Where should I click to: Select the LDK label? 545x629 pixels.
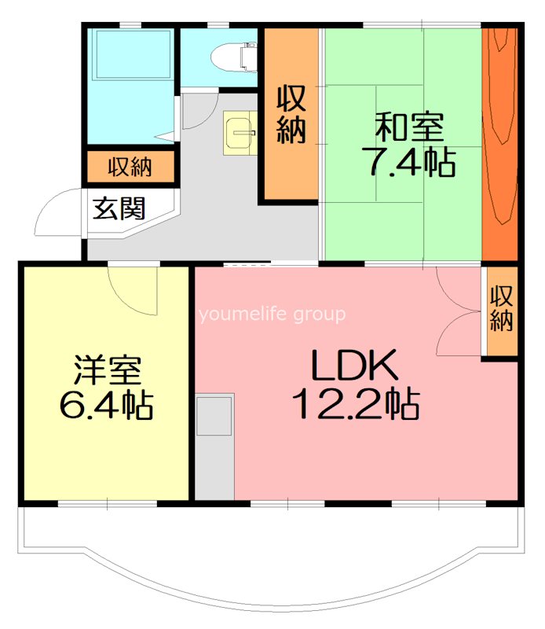pos(356,365)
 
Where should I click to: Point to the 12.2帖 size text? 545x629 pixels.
pos(356,404)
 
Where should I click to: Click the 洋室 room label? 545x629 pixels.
pos(106,368)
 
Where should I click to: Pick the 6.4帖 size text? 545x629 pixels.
pos(106,405)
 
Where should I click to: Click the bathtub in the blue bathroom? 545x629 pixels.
pos(130,54)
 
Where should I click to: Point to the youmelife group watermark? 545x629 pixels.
pos(272,315)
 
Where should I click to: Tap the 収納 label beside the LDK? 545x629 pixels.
pos(500,308)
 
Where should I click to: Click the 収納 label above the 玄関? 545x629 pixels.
pos(130,167)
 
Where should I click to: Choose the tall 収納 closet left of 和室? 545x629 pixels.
pos(291,114)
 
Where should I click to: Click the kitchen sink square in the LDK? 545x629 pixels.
pos(214,416)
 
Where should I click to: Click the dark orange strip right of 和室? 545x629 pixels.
pos(499,142)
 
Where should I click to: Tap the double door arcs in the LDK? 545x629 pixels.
pos(457,314)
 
